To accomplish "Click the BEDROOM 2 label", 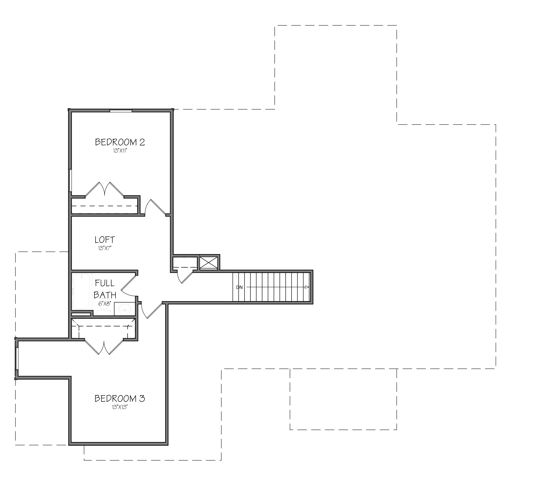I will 120,142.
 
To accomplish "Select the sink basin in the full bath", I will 124,309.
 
